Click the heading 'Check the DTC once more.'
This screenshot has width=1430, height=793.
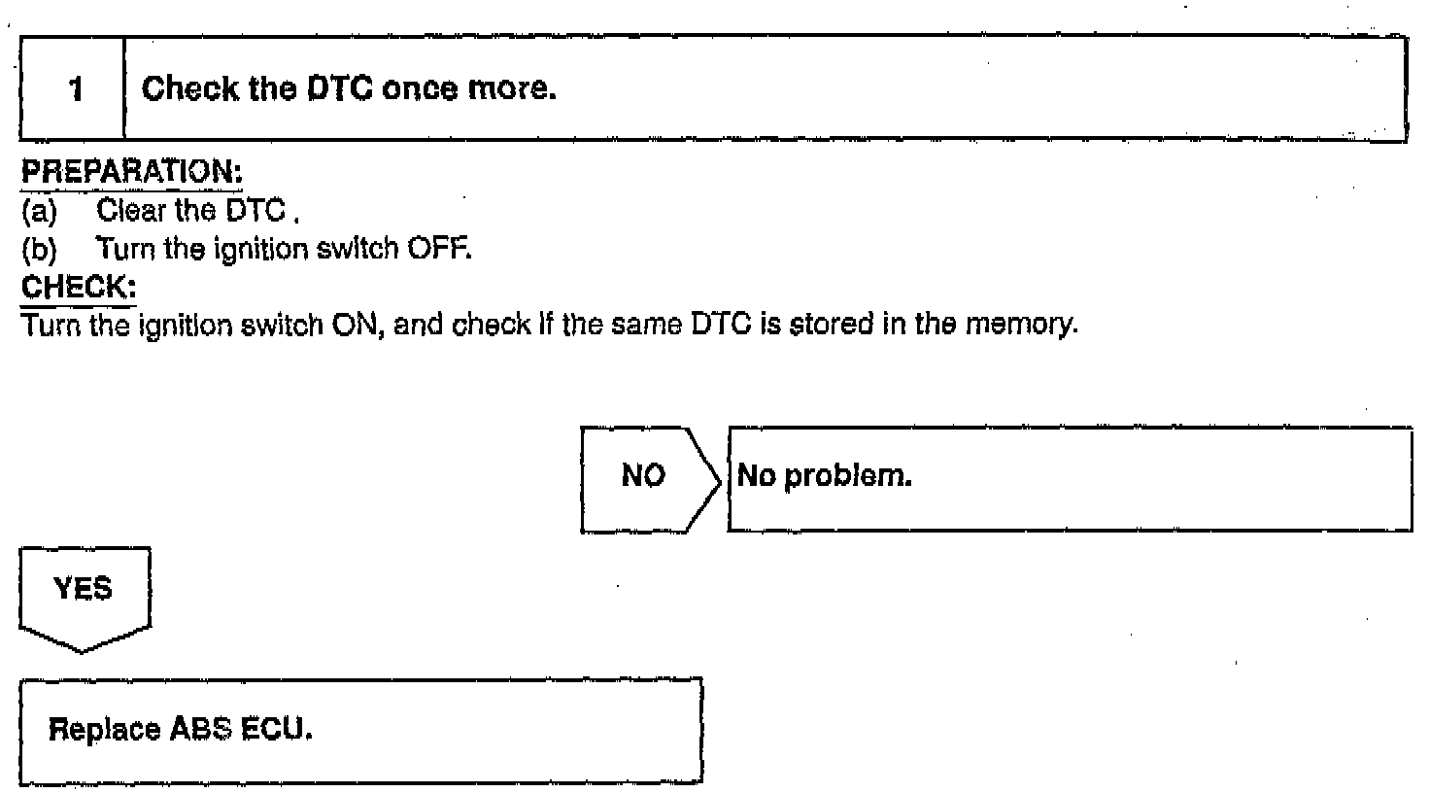tap(349, 89)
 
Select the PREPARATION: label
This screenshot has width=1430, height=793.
tap(131, 172)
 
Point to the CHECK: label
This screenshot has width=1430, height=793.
tap(79, 289)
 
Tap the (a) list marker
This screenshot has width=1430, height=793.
tap(39, 211)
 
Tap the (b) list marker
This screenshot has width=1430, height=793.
tap(39, 250)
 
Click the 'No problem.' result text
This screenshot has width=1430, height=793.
tap(825, 476)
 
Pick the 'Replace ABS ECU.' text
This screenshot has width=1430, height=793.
tap(181, 729)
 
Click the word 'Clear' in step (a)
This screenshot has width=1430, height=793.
tap(130, 211)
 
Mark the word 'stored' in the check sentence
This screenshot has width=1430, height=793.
tap(827, 325)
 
